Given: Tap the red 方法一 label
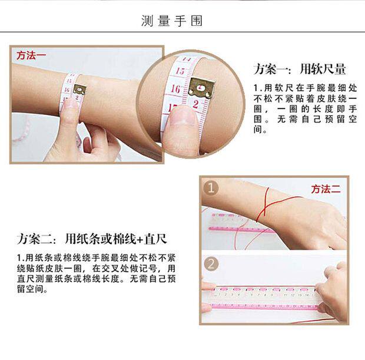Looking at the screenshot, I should click(x=31, y=56).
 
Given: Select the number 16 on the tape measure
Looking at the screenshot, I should click(x=175, y=90).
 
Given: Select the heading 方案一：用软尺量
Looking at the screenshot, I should click(x=300, y=68).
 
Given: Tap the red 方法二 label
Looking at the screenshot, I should click(x=326, y=189).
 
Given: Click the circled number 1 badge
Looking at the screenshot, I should click(x=211, y=189).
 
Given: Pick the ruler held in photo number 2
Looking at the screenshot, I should click(x=265, y=298).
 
